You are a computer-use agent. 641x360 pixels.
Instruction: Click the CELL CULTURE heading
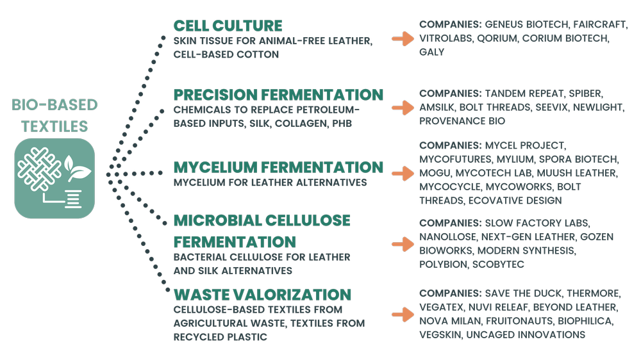pos(228,26)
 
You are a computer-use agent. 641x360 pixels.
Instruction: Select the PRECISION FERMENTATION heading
pos(278,95)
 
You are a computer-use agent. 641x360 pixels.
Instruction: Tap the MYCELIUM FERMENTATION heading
pos(278,167)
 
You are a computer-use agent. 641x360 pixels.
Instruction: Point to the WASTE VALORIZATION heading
pos(262,295)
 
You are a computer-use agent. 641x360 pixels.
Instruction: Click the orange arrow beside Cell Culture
pos(403,38)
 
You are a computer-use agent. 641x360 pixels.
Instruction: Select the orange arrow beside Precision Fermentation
pos(403,108)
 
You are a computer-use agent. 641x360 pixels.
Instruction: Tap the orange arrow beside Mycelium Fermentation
pos(403,174)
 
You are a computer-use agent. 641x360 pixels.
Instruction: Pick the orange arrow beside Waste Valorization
pos(403,315)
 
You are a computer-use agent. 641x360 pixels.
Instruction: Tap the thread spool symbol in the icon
pos(74,199)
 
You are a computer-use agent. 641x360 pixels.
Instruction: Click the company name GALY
pos(431,52)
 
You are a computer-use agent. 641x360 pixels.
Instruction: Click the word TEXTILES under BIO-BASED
pos(54,126)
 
